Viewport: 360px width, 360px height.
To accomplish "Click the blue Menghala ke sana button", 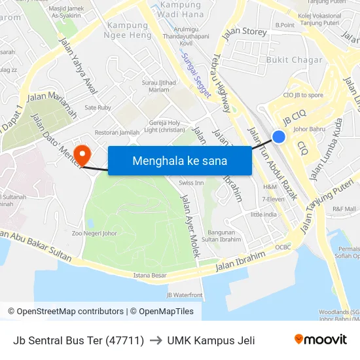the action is tap(179, 160).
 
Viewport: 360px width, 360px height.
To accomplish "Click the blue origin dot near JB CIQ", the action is tap(279, 136).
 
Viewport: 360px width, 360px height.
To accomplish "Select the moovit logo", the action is tap(320, 340).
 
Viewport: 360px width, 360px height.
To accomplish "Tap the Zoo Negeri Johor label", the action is tap(94, 232).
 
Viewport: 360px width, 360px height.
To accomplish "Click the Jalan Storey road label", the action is tap(244, 32).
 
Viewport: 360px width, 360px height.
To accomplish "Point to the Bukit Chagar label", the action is tap(294, 60).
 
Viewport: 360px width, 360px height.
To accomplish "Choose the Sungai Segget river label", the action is tap(196, 75).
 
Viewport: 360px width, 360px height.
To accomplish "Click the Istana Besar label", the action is tap(150, 276).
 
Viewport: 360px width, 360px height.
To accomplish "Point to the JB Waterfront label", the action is tap(185, 295).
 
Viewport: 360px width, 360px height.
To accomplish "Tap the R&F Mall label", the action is tap(344, 209).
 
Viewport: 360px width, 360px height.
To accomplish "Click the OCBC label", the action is tap(283, 247).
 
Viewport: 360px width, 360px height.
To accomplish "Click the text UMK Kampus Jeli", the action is tap(211, 340).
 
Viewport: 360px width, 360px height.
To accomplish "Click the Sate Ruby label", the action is tap(98, 107).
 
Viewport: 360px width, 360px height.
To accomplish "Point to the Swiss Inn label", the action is tap(191, 183).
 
